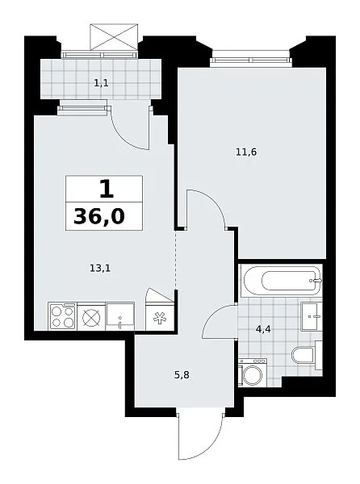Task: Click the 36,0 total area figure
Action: (99, 215)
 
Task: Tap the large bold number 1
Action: (107, 189)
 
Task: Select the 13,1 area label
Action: (100, 269)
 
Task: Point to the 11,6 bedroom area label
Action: (246, 152)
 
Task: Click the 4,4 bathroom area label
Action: (263, 329)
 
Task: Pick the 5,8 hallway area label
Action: (182, 375)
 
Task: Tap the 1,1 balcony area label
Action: (101, 83)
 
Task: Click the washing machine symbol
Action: (253, 372)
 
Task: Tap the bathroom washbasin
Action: (312, 316)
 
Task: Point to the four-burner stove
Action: (62, 316)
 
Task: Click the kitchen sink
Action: (120, 316)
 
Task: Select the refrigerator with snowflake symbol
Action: (160, 318)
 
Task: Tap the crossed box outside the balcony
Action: (114, 37)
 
